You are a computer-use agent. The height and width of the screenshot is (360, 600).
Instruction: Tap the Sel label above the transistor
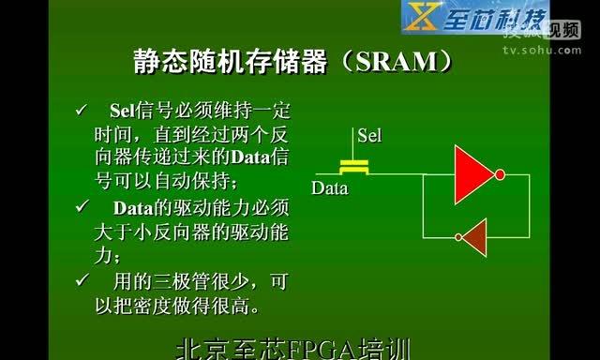(369, 136)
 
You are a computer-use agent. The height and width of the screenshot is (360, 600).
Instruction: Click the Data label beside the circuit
(330, 188)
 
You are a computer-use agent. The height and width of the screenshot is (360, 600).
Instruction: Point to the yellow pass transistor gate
(353, 167)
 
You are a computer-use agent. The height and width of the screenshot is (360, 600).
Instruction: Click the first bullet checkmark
(82, 112)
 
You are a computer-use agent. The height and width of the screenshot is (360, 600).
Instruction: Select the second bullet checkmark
(82, 205)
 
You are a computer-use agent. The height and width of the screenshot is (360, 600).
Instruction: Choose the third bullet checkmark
(82, 279)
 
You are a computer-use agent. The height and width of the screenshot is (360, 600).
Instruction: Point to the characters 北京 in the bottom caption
(200, 351)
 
